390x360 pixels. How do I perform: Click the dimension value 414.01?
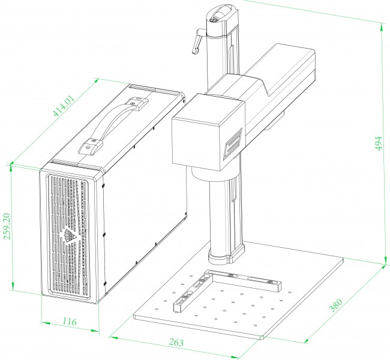pos(64,105)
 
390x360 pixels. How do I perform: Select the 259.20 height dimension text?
pos(7,226)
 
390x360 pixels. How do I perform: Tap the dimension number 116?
pos(69,322)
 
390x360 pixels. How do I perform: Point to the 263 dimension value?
pos(176,343)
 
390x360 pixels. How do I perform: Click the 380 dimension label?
pos(336,305)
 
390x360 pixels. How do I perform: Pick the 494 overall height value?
pos(378,143)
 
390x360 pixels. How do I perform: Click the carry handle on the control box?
pos(113,127)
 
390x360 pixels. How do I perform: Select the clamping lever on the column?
pos(198,41)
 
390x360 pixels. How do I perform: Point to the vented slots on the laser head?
pos(233,143)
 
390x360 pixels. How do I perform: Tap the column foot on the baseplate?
pos(226,254)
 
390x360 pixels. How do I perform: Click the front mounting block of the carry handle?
pos(91,148)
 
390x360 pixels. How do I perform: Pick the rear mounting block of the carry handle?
pos(137,104)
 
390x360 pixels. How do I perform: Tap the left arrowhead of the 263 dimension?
pos(113,338)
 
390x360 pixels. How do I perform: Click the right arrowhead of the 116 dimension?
pos(95,331)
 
